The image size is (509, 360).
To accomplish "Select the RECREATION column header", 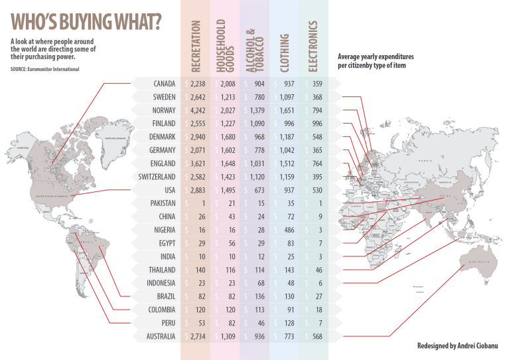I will click(x=196, y=46).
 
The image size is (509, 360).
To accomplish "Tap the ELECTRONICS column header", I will click(x=313, y=46).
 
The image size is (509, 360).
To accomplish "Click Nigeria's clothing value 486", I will click(x=287, y=230).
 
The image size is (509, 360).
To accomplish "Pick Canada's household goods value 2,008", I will click(x=228, y=84).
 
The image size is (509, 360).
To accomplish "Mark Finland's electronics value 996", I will click(x=316, y=124).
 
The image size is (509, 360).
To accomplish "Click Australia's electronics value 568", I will click(x=316, y=337).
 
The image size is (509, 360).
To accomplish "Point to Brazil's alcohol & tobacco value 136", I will click(x=258, y=297).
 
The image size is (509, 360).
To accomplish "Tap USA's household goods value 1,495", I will click(x=228, y=190).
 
